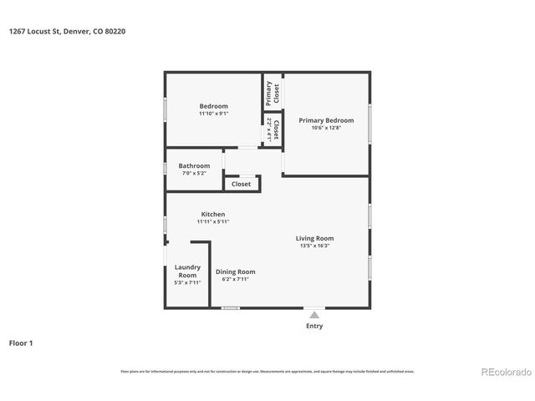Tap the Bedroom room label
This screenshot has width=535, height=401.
(213, 105)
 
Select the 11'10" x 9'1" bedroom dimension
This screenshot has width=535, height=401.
(213, 114)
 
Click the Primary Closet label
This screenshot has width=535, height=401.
(270, 92)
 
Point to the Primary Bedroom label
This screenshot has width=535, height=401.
(326, 119)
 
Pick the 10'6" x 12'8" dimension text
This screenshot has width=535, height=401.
(326, 128)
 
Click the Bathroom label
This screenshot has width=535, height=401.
(194, 165)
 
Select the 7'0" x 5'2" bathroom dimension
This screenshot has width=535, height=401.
(194, 174)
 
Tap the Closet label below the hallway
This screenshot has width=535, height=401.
(241, 184)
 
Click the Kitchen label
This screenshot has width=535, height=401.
(213, 214)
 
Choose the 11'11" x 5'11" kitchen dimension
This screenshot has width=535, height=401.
(213, 222)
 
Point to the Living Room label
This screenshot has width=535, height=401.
(314, 238)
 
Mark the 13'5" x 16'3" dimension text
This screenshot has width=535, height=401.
(314, 246)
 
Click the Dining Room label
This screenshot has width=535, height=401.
(236, 272)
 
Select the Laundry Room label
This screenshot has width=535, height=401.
(187, 271)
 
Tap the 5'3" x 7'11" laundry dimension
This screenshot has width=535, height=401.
(187, 282)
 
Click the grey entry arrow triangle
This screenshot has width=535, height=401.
(314, 314)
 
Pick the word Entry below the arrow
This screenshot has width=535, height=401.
(314, 326)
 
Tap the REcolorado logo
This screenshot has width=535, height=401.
(504, 372)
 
